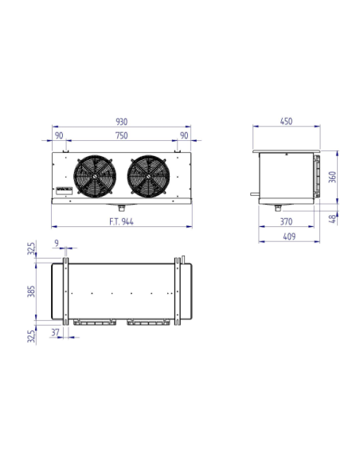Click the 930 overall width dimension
(x=122, y=122)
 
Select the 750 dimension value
(x=122, y=136)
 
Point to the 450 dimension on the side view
(x=287, y=122)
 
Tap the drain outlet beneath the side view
(x=279, y=208)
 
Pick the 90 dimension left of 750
(x=60, y=136)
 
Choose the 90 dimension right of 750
(x=184, y=136)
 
